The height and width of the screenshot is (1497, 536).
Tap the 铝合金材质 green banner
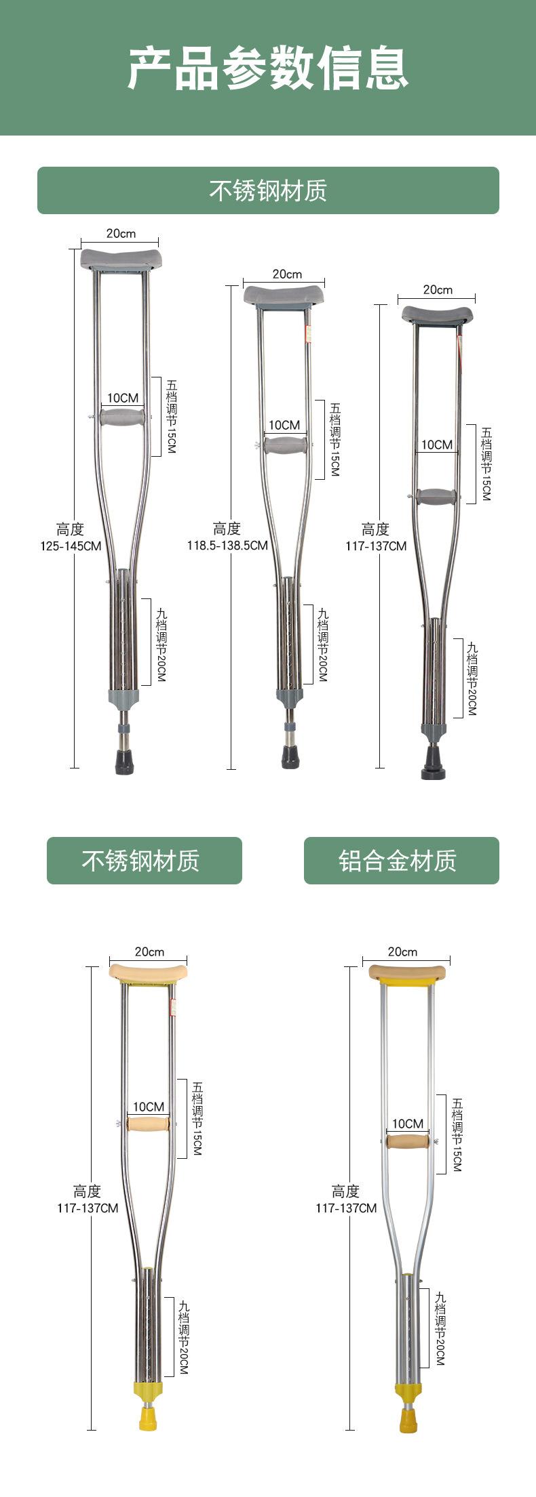[x=401, y=861]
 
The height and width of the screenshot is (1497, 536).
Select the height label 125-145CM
[x=71, y=546]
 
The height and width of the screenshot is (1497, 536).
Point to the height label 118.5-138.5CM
[x=227, y=545]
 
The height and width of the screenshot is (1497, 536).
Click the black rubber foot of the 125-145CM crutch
[x=124, y=762]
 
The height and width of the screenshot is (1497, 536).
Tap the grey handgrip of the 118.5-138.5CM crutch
[x=285, y=445]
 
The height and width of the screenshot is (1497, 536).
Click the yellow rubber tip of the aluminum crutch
[x=407, y=1420]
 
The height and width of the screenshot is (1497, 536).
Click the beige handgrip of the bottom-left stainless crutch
[x=149, y=1124]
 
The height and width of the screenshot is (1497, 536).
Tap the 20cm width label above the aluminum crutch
[x=402, y=952]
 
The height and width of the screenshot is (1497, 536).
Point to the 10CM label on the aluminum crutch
[x=408, y=1124]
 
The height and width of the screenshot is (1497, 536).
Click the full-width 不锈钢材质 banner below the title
[x=268, y=190]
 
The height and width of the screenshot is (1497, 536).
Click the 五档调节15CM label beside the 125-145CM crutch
[x=171, y=416]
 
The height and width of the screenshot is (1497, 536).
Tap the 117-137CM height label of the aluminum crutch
[x=346, y=1208]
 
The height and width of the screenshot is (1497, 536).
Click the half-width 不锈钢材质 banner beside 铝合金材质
[x=144, y=861]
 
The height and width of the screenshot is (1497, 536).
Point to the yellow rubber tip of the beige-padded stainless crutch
[x=148, y=1418]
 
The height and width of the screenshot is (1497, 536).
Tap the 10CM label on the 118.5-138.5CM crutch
[x=284, y=425]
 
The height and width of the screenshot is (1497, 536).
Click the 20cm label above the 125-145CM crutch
[x=121, y=234]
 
